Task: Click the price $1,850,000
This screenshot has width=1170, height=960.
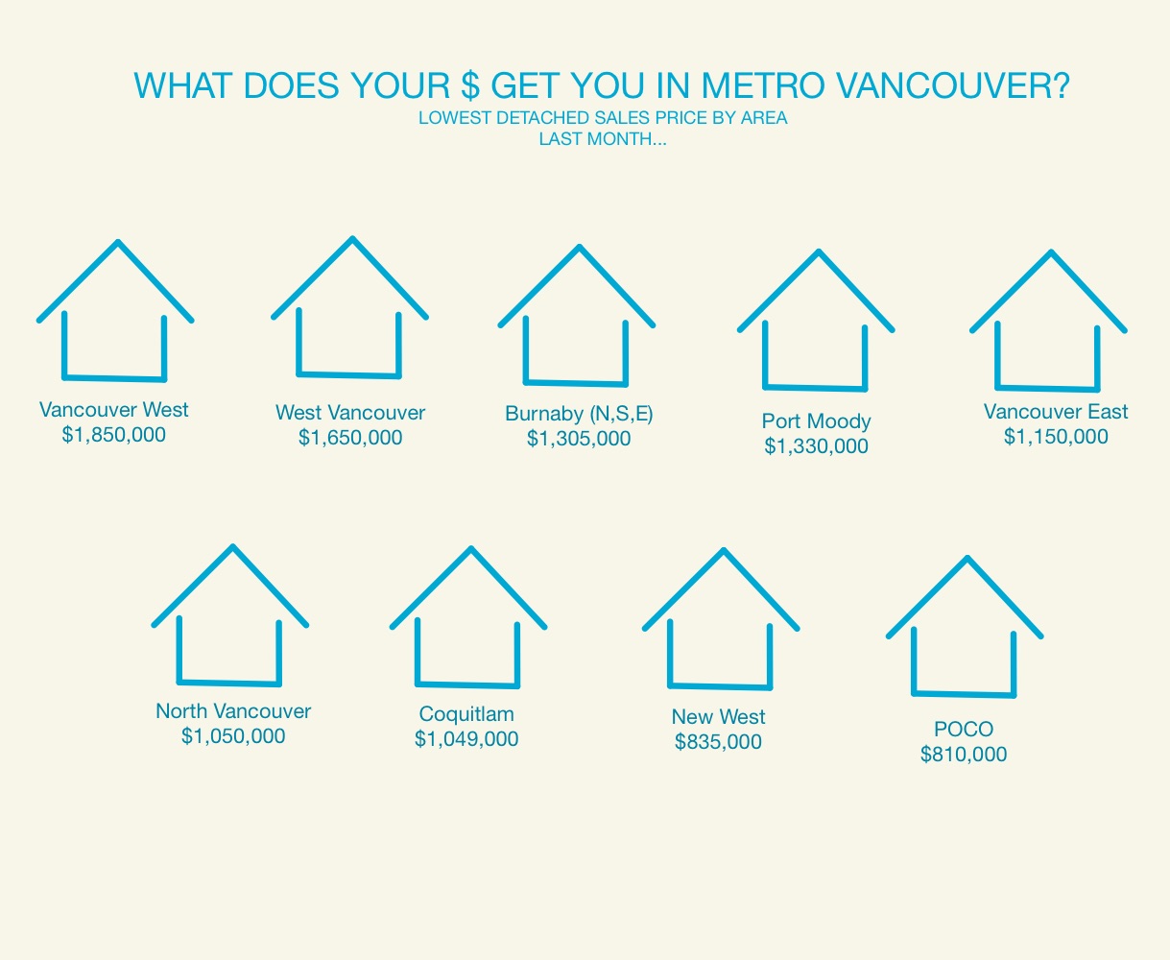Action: [x=113, y=435]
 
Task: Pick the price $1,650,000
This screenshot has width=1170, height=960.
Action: [x=350, y=437]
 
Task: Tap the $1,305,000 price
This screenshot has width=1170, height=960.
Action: [x=579, y=439]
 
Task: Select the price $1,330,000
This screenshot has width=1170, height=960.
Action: [x=816, y=445]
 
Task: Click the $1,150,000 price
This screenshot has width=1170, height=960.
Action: [x=1056, y=436]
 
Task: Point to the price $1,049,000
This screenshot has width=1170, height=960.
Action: [x=466, y=738]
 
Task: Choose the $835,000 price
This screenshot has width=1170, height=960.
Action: [x=718, y=741]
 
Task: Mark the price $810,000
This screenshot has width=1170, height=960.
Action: [x=963, y=755]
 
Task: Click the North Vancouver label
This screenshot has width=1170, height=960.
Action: [x=233, y=710]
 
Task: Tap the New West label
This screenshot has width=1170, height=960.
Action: [x=718, y=716]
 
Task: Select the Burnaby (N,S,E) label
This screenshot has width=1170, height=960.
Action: [x=579, y=414]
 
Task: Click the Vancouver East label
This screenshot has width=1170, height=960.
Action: [x=1056, y=411]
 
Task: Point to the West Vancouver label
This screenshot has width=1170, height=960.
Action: [x=350, y=412]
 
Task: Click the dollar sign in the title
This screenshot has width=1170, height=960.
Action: [x=469, y=85]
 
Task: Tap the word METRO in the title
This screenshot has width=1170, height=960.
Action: [x=763, y=85]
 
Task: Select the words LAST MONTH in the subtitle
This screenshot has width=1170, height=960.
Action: [x=594, y=139]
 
